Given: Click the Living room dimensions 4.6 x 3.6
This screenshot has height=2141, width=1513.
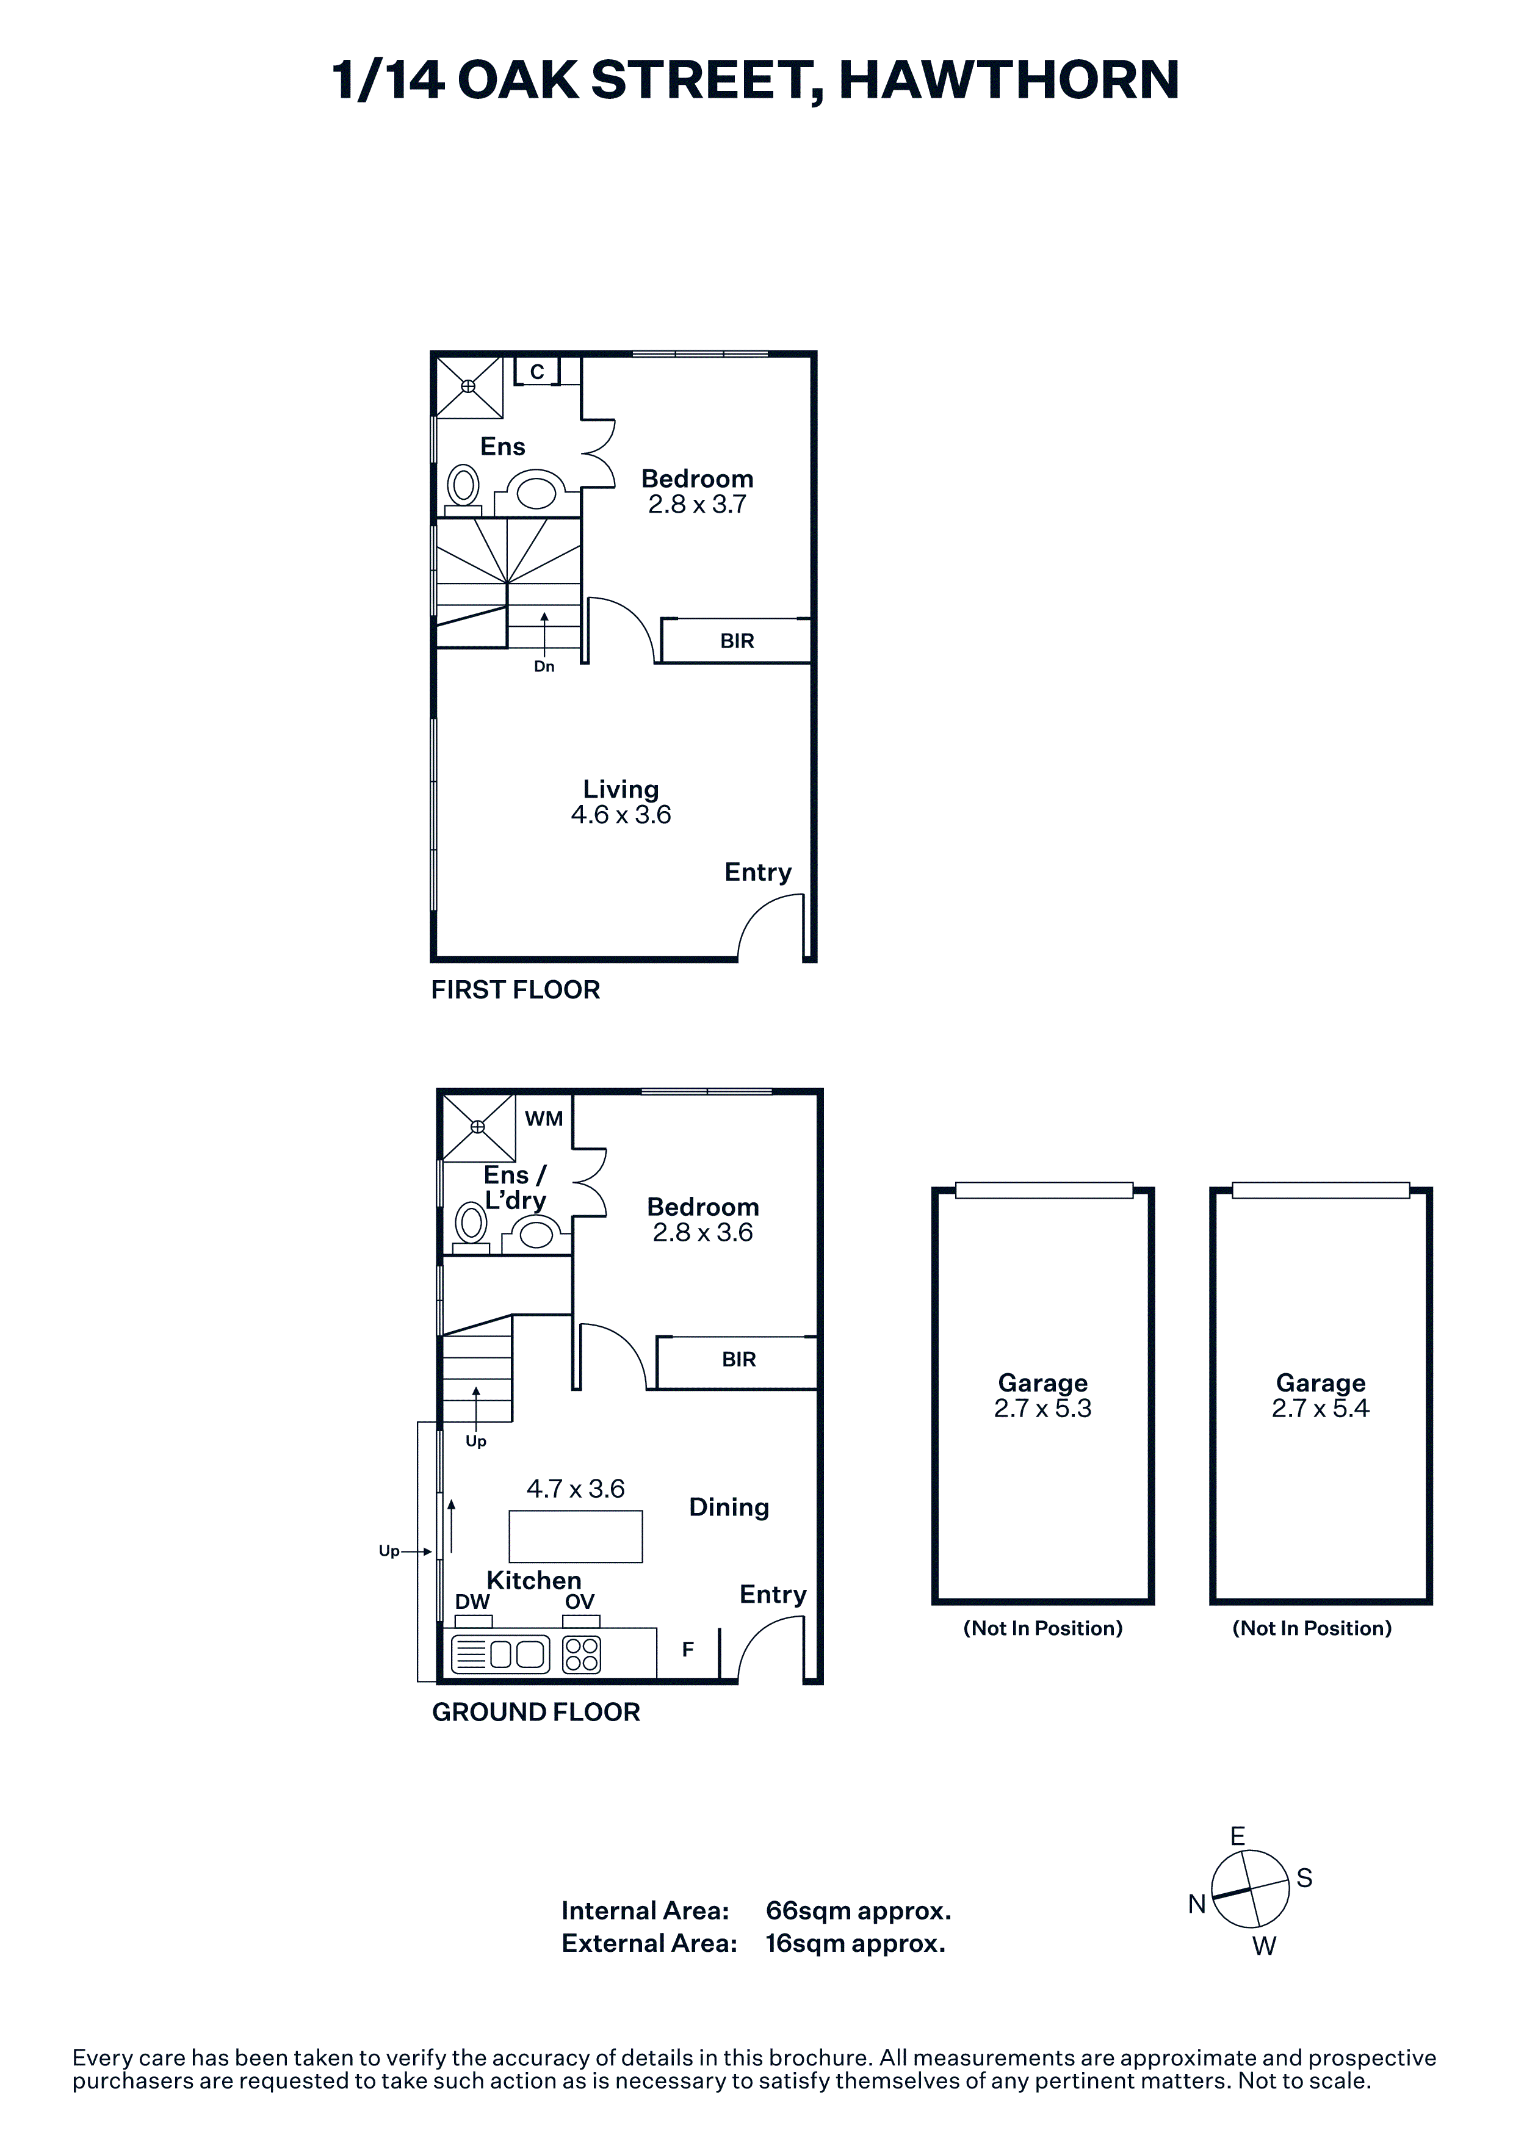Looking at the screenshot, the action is [621, 815].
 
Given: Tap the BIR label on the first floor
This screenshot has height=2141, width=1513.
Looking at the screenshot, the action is [737, 641].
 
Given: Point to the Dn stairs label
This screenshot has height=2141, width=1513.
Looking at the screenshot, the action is [544, 666].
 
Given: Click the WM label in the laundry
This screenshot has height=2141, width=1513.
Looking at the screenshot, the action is [543, 1119].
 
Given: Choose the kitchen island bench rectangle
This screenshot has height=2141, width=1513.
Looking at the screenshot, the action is [575, 1536].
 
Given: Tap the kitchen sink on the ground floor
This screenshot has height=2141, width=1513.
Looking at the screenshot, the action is [500, 1655].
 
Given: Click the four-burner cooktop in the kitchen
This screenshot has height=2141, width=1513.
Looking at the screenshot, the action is [582, 1655].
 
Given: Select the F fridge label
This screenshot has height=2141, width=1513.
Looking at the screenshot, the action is [688, 1650].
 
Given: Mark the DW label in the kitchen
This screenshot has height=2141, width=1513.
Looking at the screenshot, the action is [472, 1602].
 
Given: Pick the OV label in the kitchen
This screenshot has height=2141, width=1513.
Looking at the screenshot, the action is [580, 1602].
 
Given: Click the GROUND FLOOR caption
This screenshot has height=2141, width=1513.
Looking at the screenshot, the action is [536, 1713].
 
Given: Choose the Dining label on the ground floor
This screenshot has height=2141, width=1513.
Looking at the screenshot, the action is [729, 1508].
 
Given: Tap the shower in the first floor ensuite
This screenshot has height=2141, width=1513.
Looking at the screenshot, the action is [469, 386].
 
